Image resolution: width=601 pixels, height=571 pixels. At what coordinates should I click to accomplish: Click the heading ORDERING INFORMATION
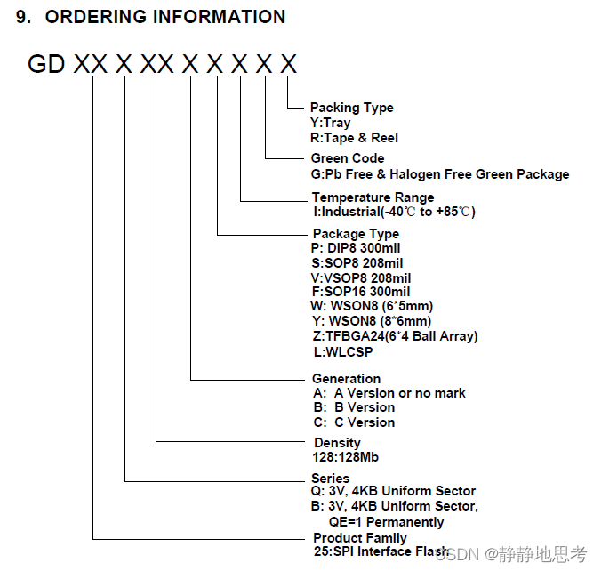[164, 17]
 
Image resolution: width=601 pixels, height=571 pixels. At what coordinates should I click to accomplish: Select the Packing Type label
[351, 108]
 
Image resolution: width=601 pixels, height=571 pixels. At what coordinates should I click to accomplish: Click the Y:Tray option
[330, 123]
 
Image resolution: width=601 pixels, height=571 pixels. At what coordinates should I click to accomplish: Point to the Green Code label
[348, 158]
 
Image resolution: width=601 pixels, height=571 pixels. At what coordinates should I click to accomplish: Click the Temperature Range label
[373, 197]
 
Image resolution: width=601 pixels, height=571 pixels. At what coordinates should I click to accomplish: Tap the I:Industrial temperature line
[393, 213]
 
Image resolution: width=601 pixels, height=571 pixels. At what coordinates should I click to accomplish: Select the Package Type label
[356, 234]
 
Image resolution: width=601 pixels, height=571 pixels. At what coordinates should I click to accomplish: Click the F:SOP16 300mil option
[360, 292]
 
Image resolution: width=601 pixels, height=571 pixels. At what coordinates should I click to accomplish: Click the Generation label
[346, 379]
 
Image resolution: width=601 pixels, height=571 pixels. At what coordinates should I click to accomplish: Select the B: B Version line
[353, 407]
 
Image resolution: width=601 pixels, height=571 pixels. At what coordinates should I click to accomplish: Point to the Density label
[337, 443]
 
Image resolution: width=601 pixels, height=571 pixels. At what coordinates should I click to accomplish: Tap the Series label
[330, 479]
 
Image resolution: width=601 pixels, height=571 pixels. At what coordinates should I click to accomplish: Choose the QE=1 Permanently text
[386, 521]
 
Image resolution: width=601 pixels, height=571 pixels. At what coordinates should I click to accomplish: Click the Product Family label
[359, 538]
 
